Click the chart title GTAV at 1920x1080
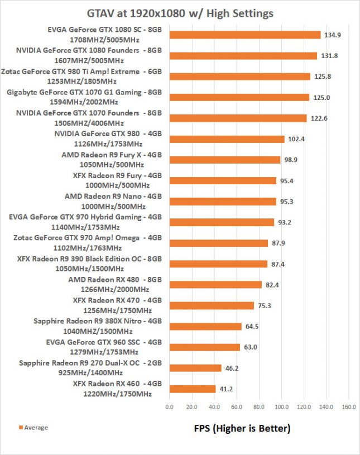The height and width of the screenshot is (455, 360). (x=180, y=12)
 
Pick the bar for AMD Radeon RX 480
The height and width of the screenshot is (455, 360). (x=215, y=285)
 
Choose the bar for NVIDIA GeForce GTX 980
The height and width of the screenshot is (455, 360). (x=227, y=139)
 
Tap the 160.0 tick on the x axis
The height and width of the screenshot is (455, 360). (x=349, y=406)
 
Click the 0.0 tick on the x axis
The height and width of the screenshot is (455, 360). (x=170, y=406)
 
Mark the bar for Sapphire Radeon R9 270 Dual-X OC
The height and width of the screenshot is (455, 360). (x=195, y=368)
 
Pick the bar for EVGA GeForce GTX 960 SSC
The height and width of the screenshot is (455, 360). (x=204, y=347)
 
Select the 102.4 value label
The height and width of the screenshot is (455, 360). (x=296, y=139)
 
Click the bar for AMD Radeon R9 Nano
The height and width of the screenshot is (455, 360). (x=223, y=202)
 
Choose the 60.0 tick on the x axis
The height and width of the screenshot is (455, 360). (x=237, y=406)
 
